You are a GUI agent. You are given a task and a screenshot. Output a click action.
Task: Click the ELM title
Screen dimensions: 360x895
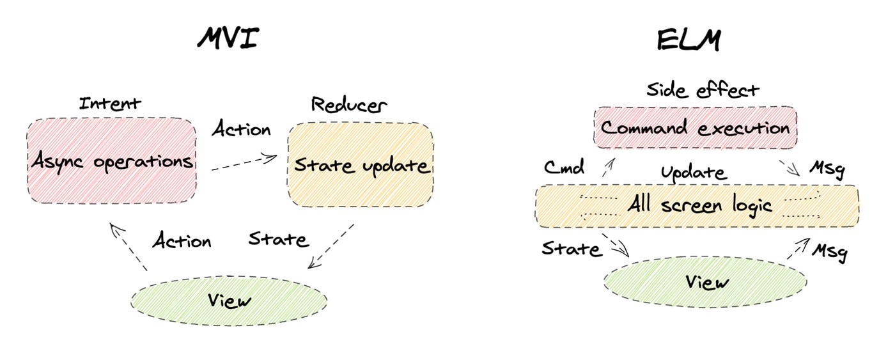click(x=689, y=42)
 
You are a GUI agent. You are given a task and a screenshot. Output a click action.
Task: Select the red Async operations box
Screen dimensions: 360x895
click(x=111, y=160)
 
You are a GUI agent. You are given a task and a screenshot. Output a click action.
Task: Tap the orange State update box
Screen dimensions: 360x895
click(x=361, y=166)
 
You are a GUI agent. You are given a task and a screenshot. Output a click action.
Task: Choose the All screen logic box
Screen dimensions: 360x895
click(x=697, y=206)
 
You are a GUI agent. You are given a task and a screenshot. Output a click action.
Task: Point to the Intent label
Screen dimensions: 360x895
click(x=110, y=104)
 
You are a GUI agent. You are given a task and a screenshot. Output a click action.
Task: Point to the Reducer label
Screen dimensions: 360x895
click(x=349, y=104)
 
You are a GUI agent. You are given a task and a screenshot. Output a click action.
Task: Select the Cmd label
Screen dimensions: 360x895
click(x=564, y=168)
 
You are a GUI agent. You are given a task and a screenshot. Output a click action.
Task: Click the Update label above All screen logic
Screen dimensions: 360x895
click(x=694, y=173)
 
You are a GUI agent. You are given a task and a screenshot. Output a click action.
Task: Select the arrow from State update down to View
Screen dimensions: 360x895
click(x=331, y=246)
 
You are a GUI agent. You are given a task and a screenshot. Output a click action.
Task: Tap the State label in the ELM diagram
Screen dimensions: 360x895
click(x=572, y=249)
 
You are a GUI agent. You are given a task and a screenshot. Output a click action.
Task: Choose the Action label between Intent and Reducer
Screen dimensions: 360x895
click(x=241, y=130)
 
